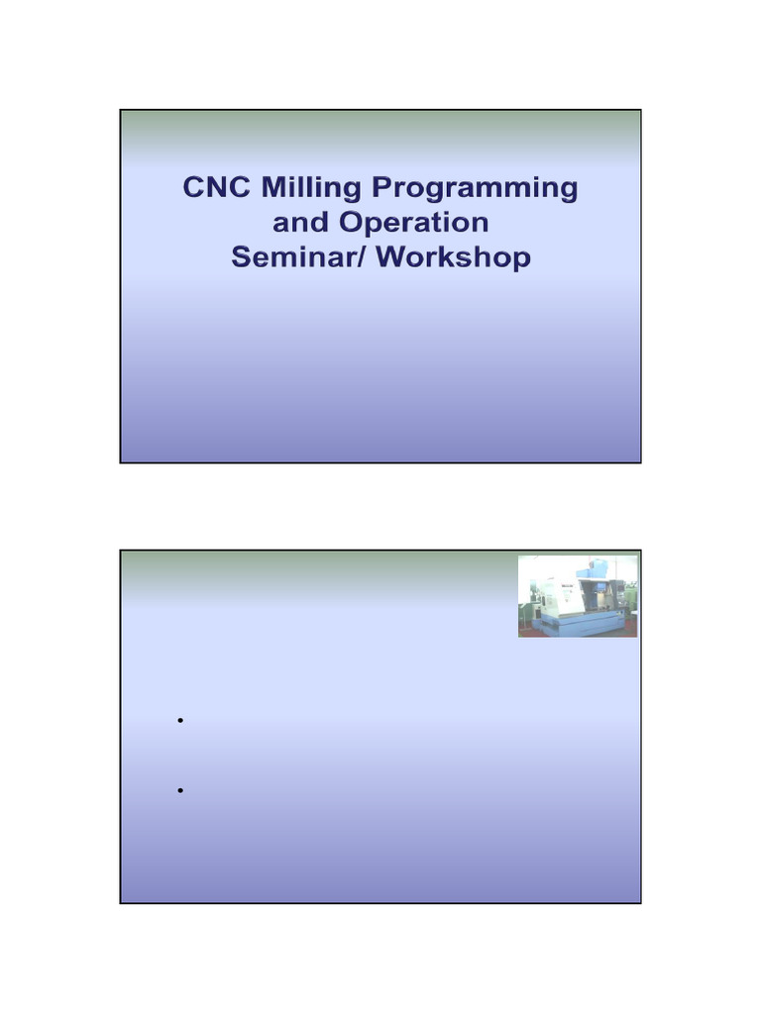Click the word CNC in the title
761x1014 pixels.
pos(216,188)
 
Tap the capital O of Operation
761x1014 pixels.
pos(345,222)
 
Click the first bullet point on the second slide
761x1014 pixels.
pos(181,721)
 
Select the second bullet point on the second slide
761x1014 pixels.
pos(181,790)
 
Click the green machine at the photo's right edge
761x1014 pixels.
pos(631,597)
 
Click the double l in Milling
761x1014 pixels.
pos(309,187)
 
